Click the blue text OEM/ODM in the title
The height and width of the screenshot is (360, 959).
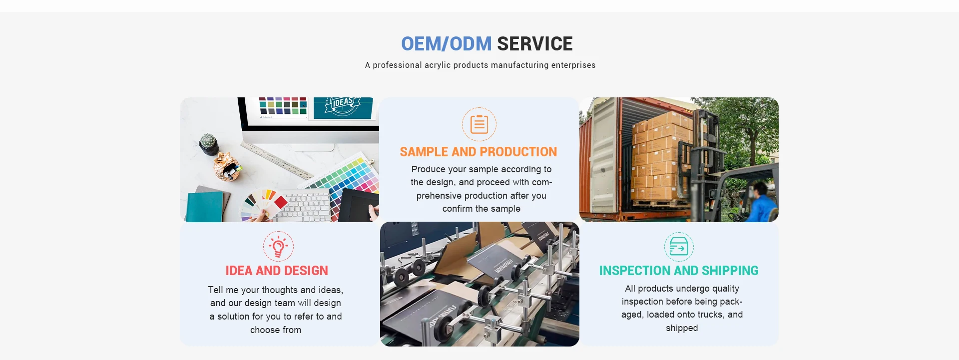tap(446, 44)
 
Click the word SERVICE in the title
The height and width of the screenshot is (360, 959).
tap(535, 44)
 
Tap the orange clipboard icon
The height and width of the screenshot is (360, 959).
tap(479, 124)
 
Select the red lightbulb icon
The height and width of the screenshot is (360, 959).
tap(278, 246)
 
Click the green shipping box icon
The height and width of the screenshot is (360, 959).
tap(679, 247)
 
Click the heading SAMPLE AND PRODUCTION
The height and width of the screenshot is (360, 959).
tap(479, 152)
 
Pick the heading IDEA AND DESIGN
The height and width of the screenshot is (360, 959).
tap(277, 271)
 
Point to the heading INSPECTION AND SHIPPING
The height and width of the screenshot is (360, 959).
tap(679, 271)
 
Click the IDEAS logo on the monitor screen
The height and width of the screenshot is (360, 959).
tap(343, 106)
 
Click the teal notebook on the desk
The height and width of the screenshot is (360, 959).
tap(204, 206)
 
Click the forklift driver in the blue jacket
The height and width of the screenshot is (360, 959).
tap(761, 202)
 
